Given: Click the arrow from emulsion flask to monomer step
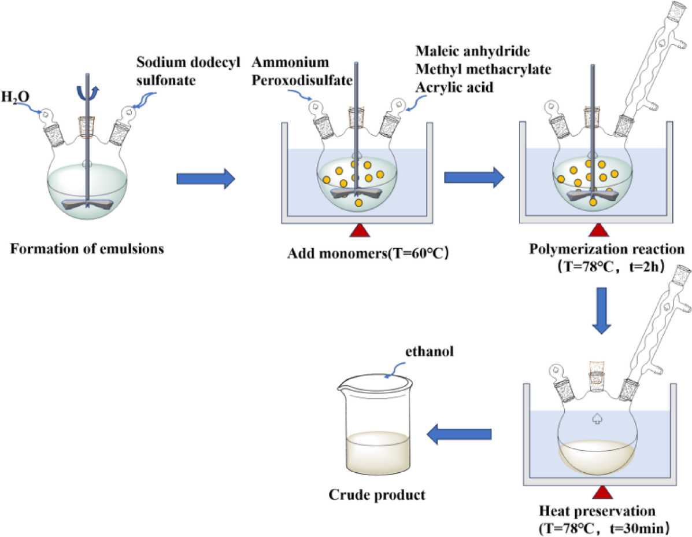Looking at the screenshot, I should (205, 179).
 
